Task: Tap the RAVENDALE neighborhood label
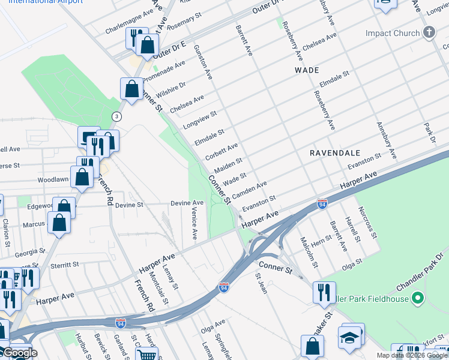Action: coord(333,153)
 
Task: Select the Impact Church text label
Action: coord(393,33)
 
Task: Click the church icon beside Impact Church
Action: coord(429,32)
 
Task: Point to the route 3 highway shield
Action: coord(116,116)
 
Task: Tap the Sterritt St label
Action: coord(65,264)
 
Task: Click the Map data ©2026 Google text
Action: coord(412,355)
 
